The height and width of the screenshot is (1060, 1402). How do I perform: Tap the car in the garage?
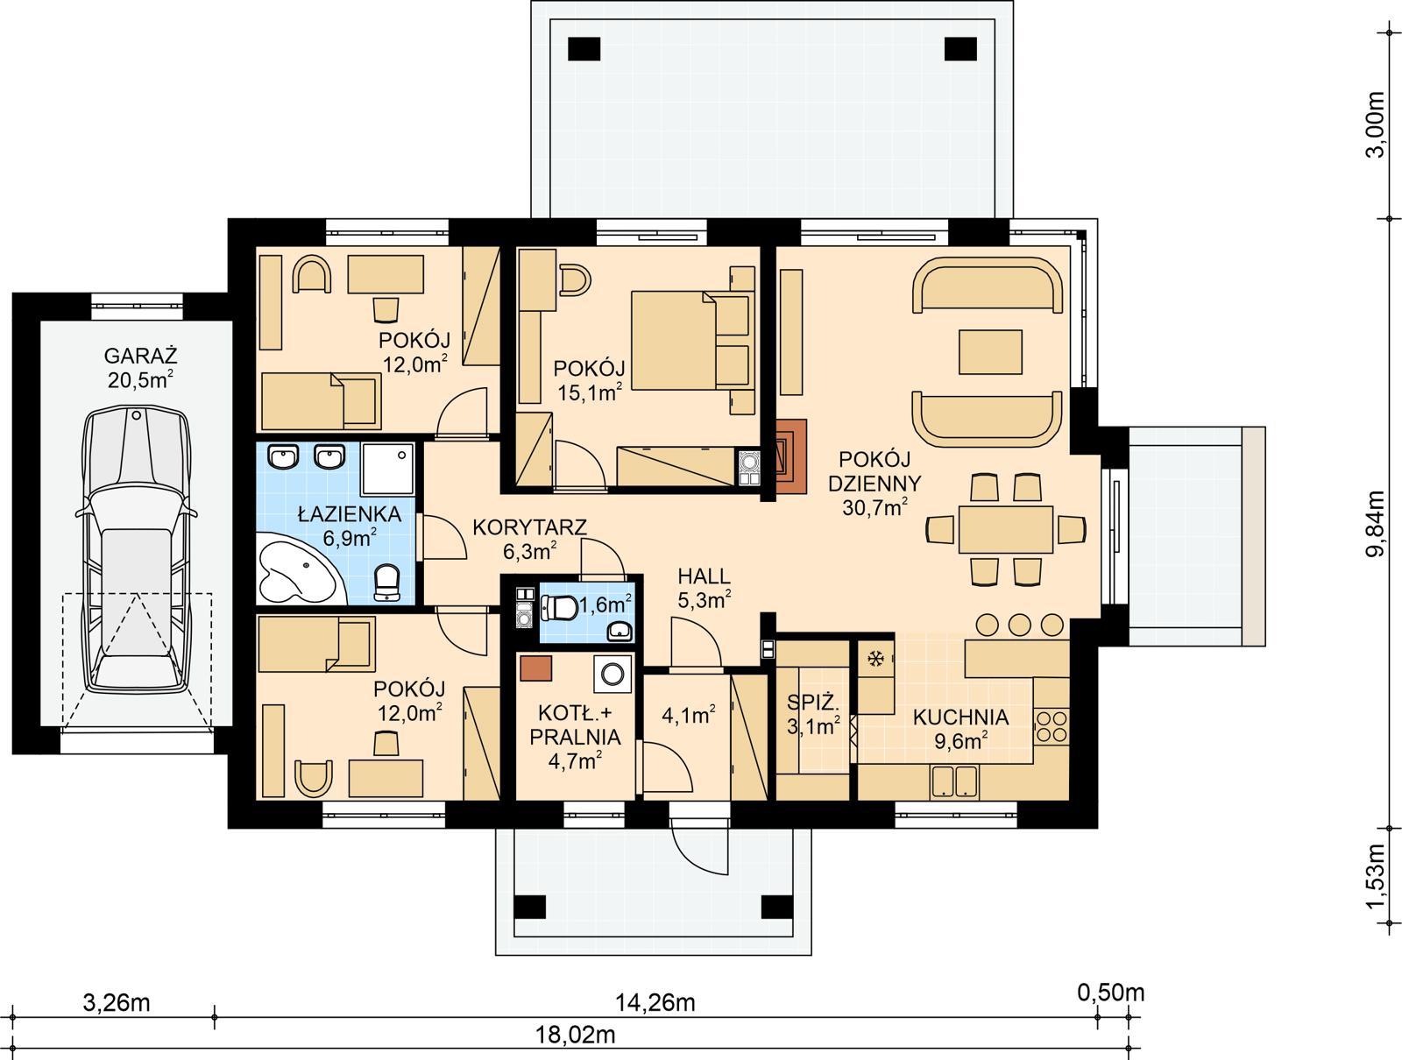[x=137, y=548]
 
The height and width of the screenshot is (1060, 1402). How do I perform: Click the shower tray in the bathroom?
[x=386, y=469]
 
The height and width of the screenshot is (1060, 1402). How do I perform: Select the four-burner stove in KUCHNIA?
[x=1051, y=724]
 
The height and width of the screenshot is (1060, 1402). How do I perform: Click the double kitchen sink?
[x=952, y=781]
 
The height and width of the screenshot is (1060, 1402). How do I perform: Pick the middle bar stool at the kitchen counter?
[x=1019, y=624]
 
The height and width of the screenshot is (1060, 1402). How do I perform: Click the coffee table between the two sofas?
[x=990, y=351]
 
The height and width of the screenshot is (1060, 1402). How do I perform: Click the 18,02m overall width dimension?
[x=575, y=1035]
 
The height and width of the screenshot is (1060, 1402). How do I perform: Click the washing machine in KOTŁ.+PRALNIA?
[x=612, y=673]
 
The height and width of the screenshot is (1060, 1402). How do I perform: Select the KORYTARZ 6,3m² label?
[x=529, y=538]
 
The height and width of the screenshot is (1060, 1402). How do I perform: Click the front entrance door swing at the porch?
[x=698, y=841]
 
